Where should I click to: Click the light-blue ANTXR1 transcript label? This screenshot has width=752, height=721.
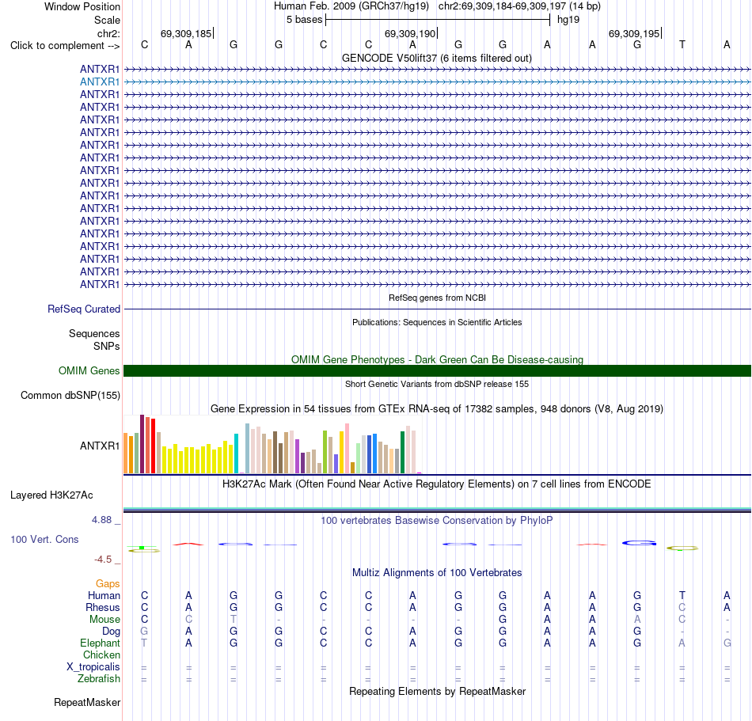click(100, 82)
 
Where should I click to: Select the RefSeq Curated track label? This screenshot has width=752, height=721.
click(84, 309)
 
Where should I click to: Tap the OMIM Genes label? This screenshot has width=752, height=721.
click(89, 370)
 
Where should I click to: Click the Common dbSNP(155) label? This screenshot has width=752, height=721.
click(70, 396)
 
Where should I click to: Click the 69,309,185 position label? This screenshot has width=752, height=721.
click(186, 33)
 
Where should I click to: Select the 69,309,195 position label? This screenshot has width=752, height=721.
click(634, 33)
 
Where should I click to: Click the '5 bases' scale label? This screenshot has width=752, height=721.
click(305, 20)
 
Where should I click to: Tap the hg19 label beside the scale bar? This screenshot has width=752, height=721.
click(568, 20)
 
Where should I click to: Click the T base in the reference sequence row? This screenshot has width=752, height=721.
click(682, 45)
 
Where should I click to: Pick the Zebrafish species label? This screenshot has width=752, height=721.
click(99, 679)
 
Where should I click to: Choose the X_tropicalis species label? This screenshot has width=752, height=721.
click(93, 667)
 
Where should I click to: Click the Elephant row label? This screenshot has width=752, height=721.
click(101, 643)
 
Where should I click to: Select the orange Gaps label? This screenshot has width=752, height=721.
click(108, 583)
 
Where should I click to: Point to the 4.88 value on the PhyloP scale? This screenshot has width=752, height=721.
click(101, 520)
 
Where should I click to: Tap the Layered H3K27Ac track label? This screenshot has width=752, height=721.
click(51, 495)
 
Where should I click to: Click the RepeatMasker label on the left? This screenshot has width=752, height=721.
click(87, 702)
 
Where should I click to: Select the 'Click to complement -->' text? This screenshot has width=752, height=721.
click(65, 46)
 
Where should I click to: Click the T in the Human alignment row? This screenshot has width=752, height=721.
click(682, 595)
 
